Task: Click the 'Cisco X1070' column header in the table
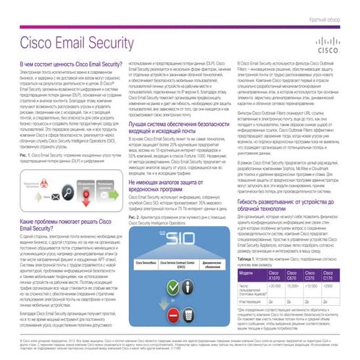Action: click(x=274, y=275)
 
